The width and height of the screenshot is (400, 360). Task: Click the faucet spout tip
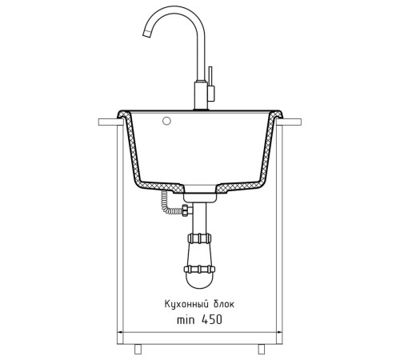coord(147,34)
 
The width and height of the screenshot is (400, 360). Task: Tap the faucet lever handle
coord(210,83)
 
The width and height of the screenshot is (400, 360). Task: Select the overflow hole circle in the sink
coord(166,121)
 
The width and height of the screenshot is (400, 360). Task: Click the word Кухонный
coord(186,304)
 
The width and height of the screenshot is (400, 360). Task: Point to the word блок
coord(224,304)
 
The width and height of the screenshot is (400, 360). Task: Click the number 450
coord(212,319)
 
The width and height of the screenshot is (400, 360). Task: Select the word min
coord(186,320)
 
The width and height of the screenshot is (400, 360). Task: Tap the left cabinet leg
coord(138,349)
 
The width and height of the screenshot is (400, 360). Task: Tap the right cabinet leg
coord(262,349)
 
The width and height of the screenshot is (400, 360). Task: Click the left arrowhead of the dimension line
coord(120,332)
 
